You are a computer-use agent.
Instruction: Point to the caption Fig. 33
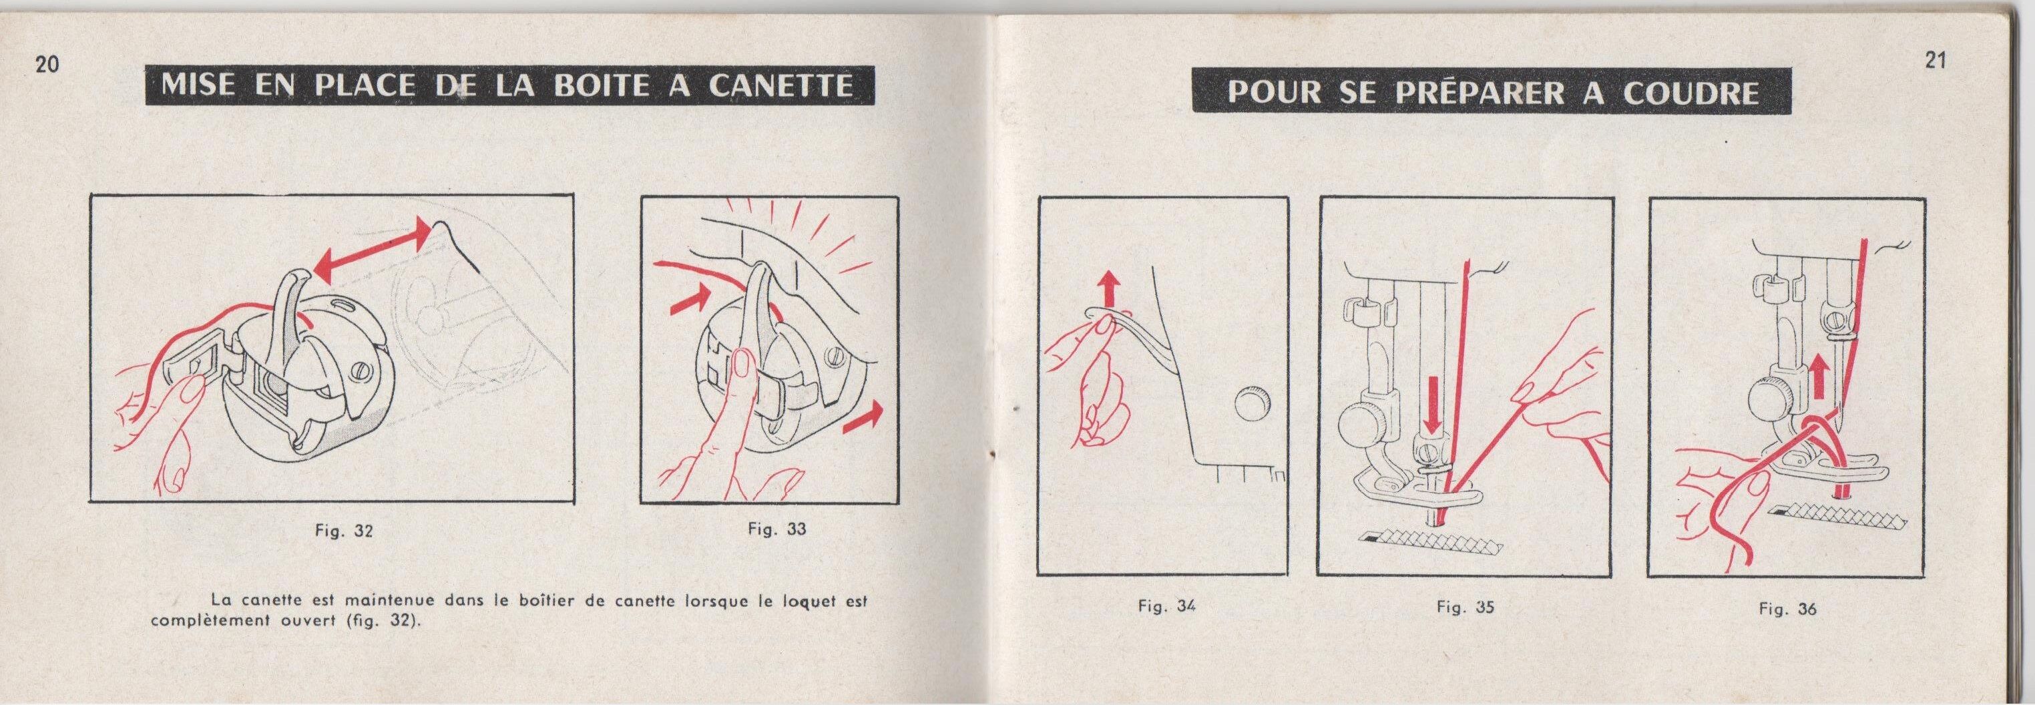pos(777,528)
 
